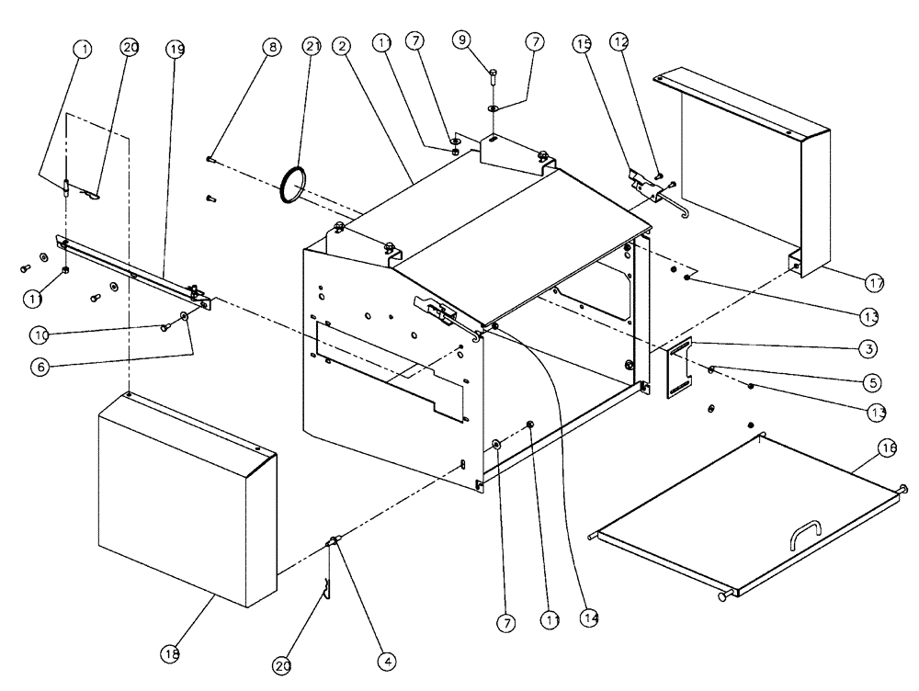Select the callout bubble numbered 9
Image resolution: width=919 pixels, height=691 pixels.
pyautogui.click(x=461, y=40)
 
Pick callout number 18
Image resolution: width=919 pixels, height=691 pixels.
pyautogui.click(x=171, y=654)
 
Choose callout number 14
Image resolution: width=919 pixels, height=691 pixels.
pyautogui.click(x=589, y=619)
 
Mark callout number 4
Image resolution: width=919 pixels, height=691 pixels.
pyautogui.click(x=388, y=660)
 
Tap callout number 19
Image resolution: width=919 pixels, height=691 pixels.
pyautogui.click(x=176, y=49)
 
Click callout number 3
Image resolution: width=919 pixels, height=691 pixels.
pyautogui.click(x=868, y=349)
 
